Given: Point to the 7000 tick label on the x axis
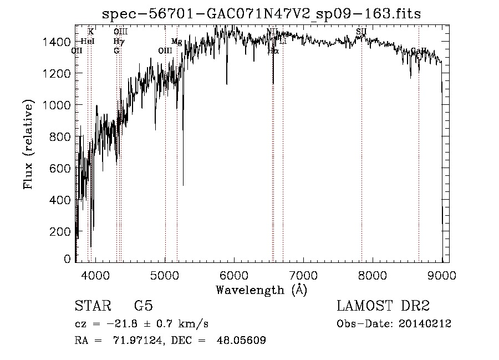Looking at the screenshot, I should (303, 275).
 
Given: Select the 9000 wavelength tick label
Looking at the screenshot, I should (441, 275).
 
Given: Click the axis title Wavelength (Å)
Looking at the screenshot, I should (261, 290).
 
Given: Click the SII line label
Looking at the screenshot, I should (361, 32).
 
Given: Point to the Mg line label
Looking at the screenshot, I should (176, 42).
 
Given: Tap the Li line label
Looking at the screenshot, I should (282, 42).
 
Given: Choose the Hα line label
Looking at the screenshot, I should (273, 51).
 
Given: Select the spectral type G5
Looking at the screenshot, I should (143, 306).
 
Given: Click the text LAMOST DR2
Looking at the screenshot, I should (383, 306).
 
